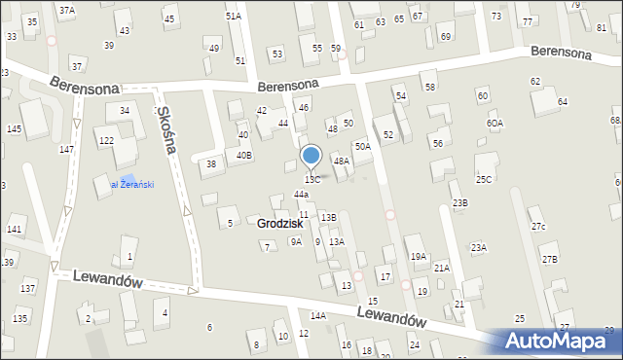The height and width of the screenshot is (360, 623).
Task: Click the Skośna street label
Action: pyautogui.click(x=168, y=130)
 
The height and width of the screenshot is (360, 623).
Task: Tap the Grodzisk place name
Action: pyautogui.click(x=280, y=224)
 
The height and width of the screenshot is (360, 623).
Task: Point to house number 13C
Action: pyautogui.click(x=312, y=180)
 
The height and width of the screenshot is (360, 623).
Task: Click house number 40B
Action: pyautogui.click(x=244, y=155)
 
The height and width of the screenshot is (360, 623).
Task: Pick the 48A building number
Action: pyautogui.click(x=341, y=161)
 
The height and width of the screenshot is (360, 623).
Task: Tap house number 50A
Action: pyautogui.click(x=362, y=146)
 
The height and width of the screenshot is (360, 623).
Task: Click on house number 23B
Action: pyautogui.click(x=459, y=202)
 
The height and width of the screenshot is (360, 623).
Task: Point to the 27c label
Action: pyautogui.click(x=538, y=227)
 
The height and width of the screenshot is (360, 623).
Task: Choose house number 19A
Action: pyautogui.click(x=418, y=256)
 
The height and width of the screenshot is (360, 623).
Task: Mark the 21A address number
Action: pyautogui.click(x=441, y=268)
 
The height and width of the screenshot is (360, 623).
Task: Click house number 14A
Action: pyautogui.click(x=318, y=315)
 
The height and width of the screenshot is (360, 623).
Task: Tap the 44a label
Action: pyautogui.click(x=301, y=195)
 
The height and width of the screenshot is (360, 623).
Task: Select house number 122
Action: pyautogui.click(x=105, y=141)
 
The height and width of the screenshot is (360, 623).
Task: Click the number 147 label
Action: pyautogui.click(x=66, y=149)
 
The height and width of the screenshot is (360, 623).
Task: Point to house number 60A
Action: pyautogui.click(x=495, y=124)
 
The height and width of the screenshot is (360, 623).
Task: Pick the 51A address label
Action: pyautogui.click(x=234, y=17)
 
